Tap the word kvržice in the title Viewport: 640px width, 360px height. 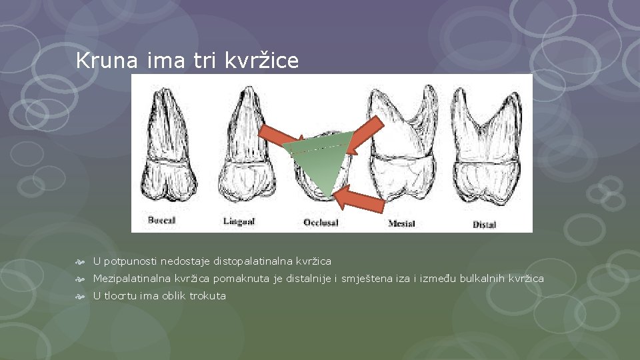pyautogui.click(x=261, y=61)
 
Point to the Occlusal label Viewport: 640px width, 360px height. pyautogui.click(x=321, y=223)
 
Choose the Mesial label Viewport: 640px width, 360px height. pyautogui.click(x=401, y=223)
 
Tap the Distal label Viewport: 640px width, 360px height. pyautogui.click(x=484, y=224)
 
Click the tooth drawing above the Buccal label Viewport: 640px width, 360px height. pyautogui.click(x=171, y=150)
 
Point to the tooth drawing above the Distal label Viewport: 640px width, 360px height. pyautogui.click(x=487, y=153)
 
